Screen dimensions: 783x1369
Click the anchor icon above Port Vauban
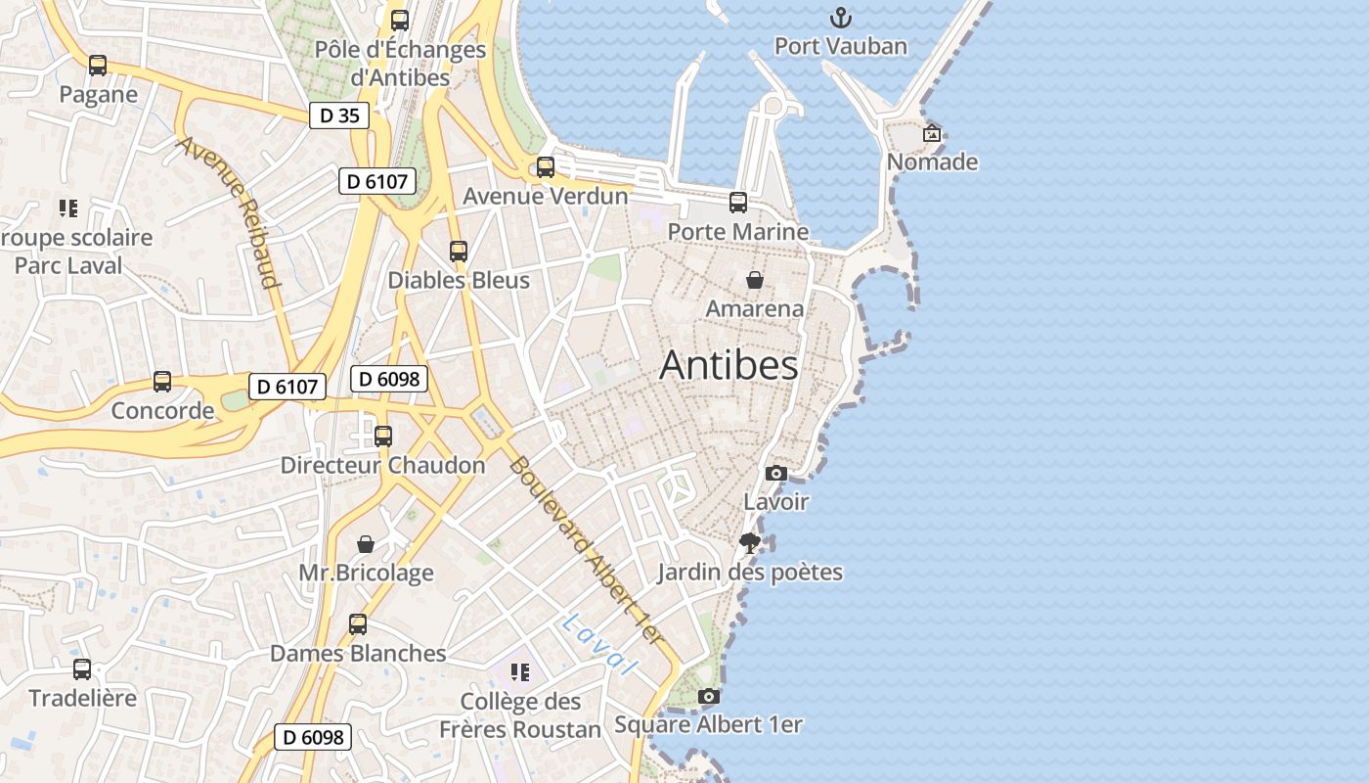click(x=841, y=18)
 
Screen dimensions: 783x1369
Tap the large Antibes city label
click(x=729, y=365)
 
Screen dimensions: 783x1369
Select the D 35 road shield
click(x=339, y=115)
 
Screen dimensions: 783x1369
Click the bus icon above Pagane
click(x=98, y=66)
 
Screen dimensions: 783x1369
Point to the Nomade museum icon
click(x=932, y=133)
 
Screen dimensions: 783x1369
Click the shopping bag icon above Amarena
click(x=755, y=280)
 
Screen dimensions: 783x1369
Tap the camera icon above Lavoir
click(x=776, y=474)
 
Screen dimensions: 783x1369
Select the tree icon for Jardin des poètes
click(x=750, y=543)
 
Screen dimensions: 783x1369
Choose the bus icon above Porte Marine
click(x=738, y=203)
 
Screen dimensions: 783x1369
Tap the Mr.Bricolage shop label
click(x=366, y=573)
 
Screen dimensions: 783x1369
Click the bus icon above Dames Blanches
click(x=358, y=624)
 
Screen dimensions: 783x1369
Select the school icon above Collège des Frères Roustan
click(x=520, y=672)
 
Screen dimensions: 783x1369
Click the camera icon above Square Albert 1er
click(x=709, y=697)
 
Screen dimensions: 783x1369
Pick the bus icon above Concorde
click(x=162, y=382)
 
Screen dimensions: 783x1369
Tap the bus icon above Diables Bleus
click(x=459, y=252)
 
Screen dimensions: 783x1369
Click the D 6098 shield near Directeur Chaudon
click(x=389, y=379)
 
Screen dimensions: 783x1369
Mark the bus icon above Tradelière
click(x=82, y=669)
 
